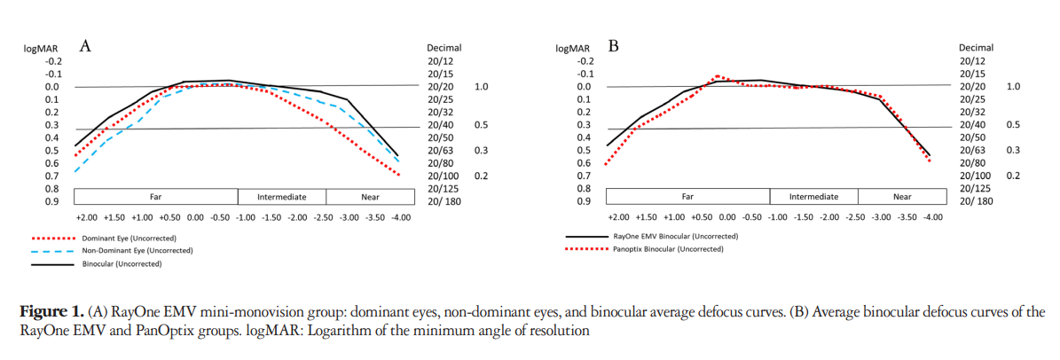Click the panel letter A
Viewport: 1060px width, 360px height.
tap(86, 46)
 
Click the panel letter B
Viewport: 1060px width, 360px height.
tap(613, 46)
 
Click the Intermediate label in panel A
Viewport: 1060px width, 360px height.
tap(281, 196)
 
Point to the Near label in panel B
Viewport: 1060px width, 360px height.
tap(902, 196)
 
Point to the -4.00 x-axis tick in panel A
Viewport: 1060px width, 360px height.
tap(399, 217)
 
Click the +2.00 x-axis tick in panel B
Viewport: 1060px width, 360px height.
tap(618, 217)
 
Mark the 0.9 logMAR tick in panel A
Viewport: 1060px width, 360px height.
tap(52, 202)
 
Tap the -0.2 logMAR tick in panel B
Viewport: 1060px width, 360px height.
tap(584, 61)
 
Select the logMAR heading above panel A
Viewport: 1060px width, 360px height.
tap(40, 48)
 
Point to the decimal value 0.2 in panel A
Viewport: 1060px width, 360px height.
tap(482, 176)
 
